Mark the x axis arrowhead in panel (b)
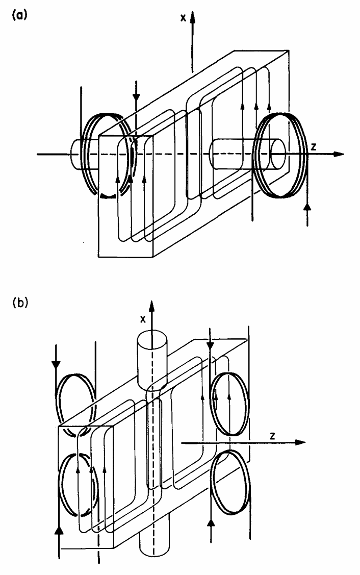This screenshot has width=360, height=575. (151, 306)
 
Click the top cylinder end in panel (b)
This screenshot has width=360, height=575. (151, 341)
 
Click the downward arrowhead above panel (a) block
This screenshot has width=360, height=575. (136, 96)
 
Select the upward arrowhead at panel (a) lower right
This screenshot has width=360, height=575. (306, 206)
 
